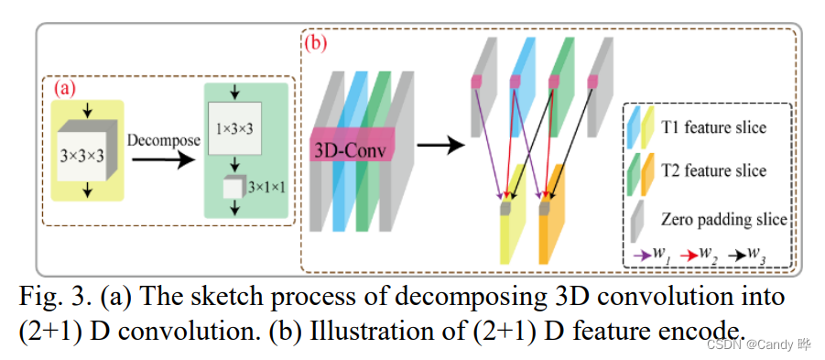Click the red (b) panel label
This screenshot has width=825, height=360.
315,42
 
